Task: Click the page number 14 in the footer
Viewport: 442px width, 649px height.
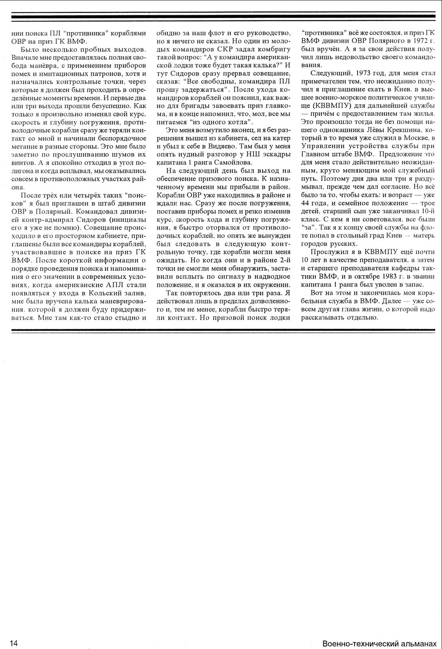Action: click(14, 643)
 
